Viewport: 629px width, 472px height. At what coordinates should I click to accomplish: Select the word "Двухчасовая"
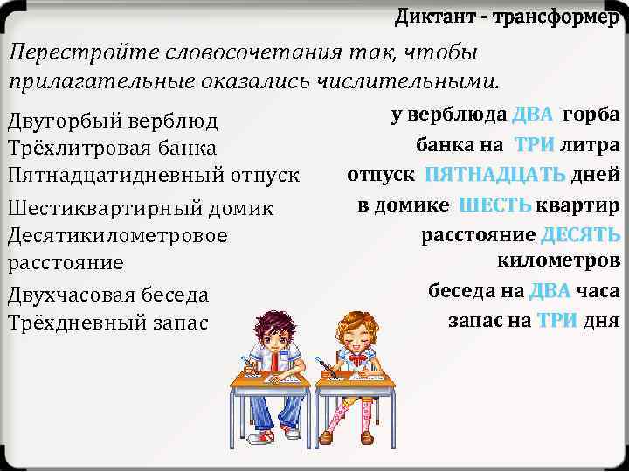click(x=65, y=295)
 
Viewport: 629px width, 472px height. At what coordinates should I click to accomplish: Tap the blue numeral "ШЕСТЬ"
click(x=494, y=205)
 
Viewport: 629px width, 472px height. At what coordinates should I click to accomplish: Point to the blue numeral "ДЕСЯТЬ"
click(x=580, y=235)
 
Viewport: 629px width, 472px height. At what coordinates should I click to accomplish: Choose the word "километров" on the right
click(x=558, y=261)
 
